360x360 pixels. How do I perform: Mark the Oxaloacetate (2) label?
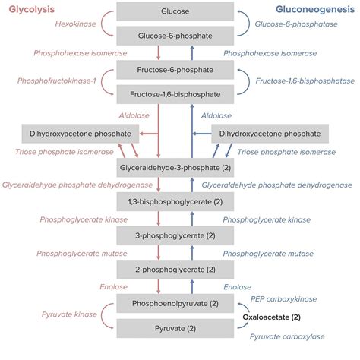click(x=272, y=316)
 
